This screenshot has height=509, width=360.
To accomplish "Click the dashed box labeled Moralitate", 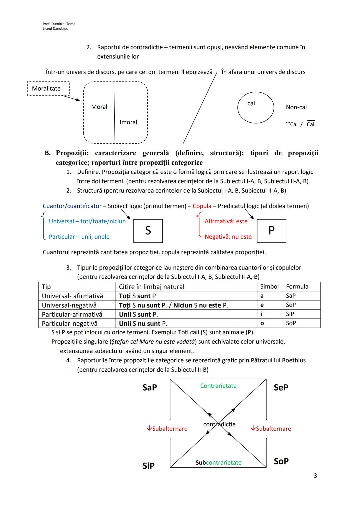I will coord(48,89).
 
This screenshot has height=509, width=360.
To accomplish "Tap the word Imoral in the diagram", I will coord(128,122).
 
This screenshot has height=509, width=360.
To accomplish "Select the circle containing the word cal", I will coord(255,107).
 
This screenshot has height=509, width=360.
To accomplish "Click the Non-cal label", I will coord(296,107).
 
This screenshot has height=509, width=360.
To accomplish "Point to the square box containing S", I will coord(148,231).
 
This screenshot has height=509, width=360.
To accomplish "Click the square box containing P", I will coord(271,231).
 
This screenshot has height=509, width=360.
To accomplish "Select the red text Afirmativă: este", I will coord(226,221).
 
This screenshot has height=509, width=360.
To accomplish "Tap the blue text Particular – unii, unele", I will coord(79,237).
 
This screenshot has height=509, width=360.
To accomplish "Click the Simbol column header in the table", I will coord(269,287).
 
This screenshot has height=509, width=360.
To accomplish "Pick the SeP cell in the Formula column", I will coord(291,305).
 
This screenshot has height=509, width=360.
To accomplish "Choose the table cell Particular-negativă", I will coord(70,323).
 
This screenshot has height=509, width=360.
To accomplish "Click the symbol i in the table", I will coord(261,314).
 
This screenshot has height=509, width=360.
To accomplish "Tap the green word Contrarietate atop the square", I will coord(218,386).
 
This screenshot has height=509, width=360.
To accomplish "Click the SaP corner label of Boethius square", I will coord(150,387).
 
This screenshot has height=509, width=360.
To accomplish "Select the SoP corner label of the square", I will coord(281,461).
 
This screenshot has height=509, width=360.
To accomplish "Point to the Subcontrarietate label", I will coord(218,463).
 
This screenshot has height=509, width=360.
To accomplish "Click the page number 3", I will coord(315,476).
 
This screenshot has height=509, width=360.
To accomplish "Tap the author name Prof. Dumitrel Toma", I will coord(59,24).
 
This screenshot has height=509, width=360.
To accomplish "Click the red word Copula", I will coord(202,206).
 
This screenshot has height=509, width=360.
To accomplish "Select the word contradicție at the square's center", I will coord(219,424).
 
